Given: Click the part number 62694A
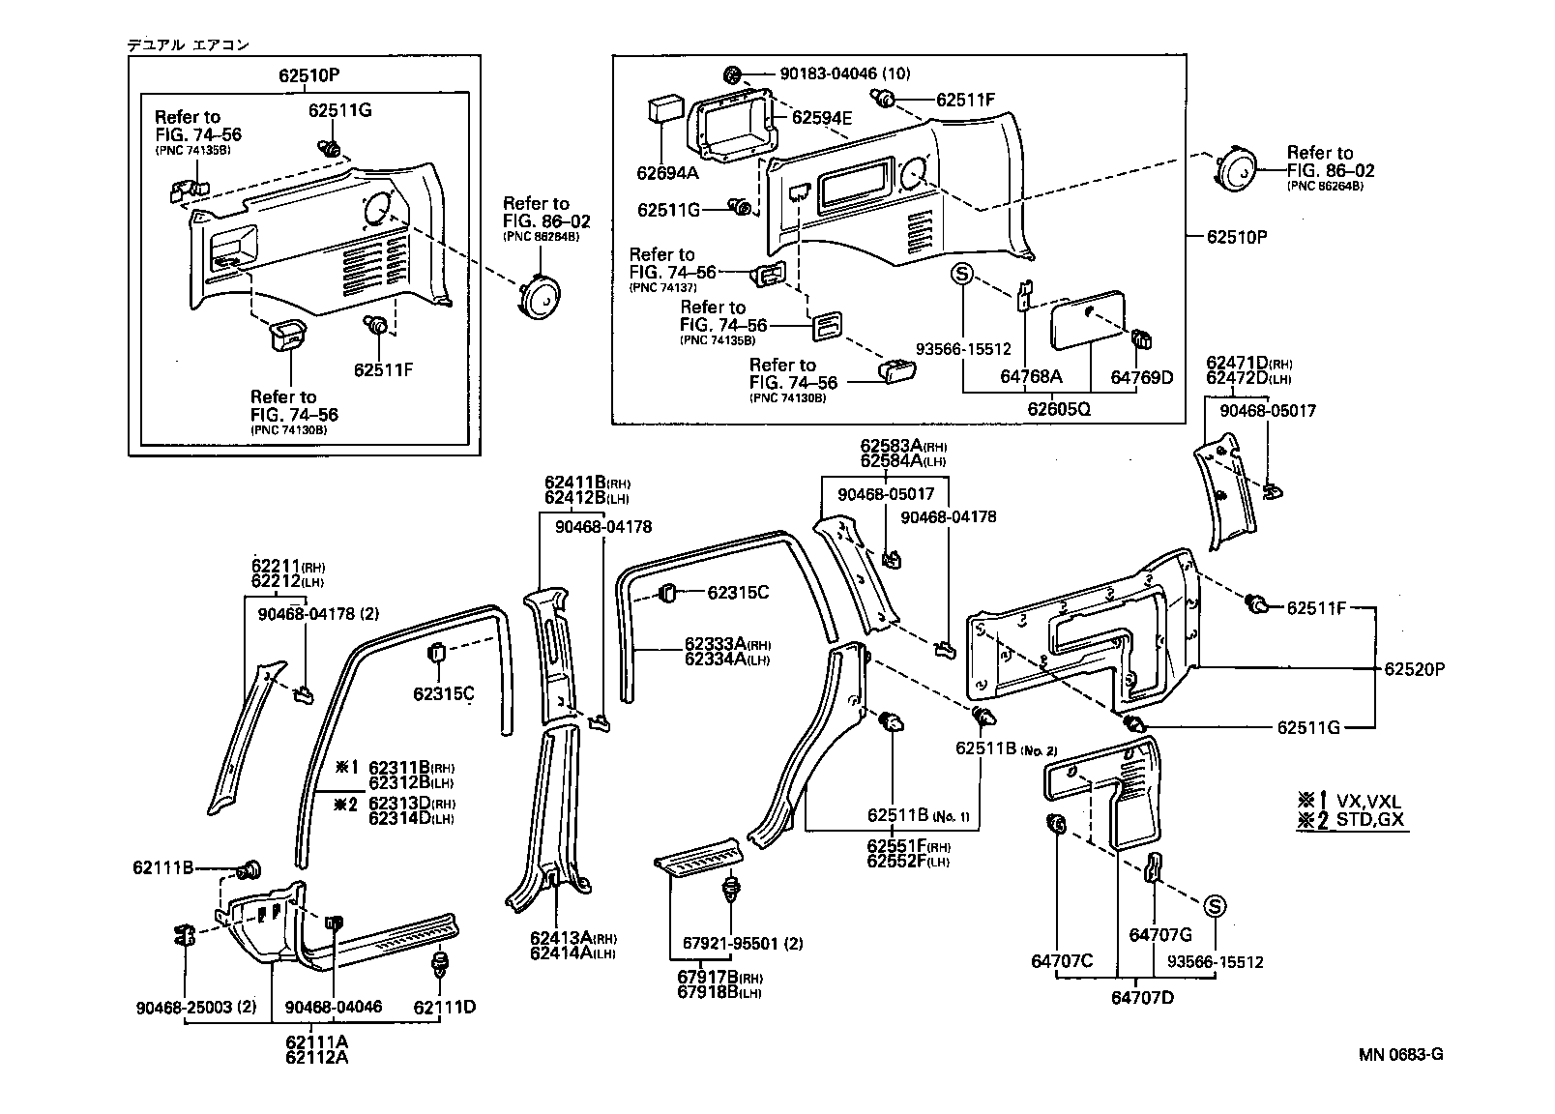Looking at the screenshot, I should pos(667,174).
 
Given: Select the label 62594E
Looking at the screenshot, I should pos(822,117).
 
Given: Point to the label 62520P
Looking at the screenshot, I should pos(1414,668).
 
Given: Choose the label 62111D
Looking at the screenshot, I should pos(445,1007).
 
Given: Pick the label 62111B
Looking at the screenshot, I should pos(163,868).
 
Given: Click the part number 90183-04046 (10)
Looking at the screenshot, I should pos(845,73).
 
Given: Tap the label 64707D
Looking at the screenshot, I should pos(1142,997).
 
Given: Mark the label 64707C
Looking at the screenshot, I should pos(1062,961).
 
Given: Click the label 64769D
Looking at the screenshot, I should pos(1141,377).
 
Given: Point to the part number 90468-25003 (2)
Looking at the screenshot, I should pos(196,1007).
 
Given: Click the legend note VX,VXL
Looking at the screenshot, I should pos(1369,801).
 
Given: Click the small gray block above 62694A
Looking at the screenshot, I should pos(662,108).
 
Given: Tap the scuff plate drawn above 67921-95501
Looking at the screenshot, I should pos(698,856).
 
